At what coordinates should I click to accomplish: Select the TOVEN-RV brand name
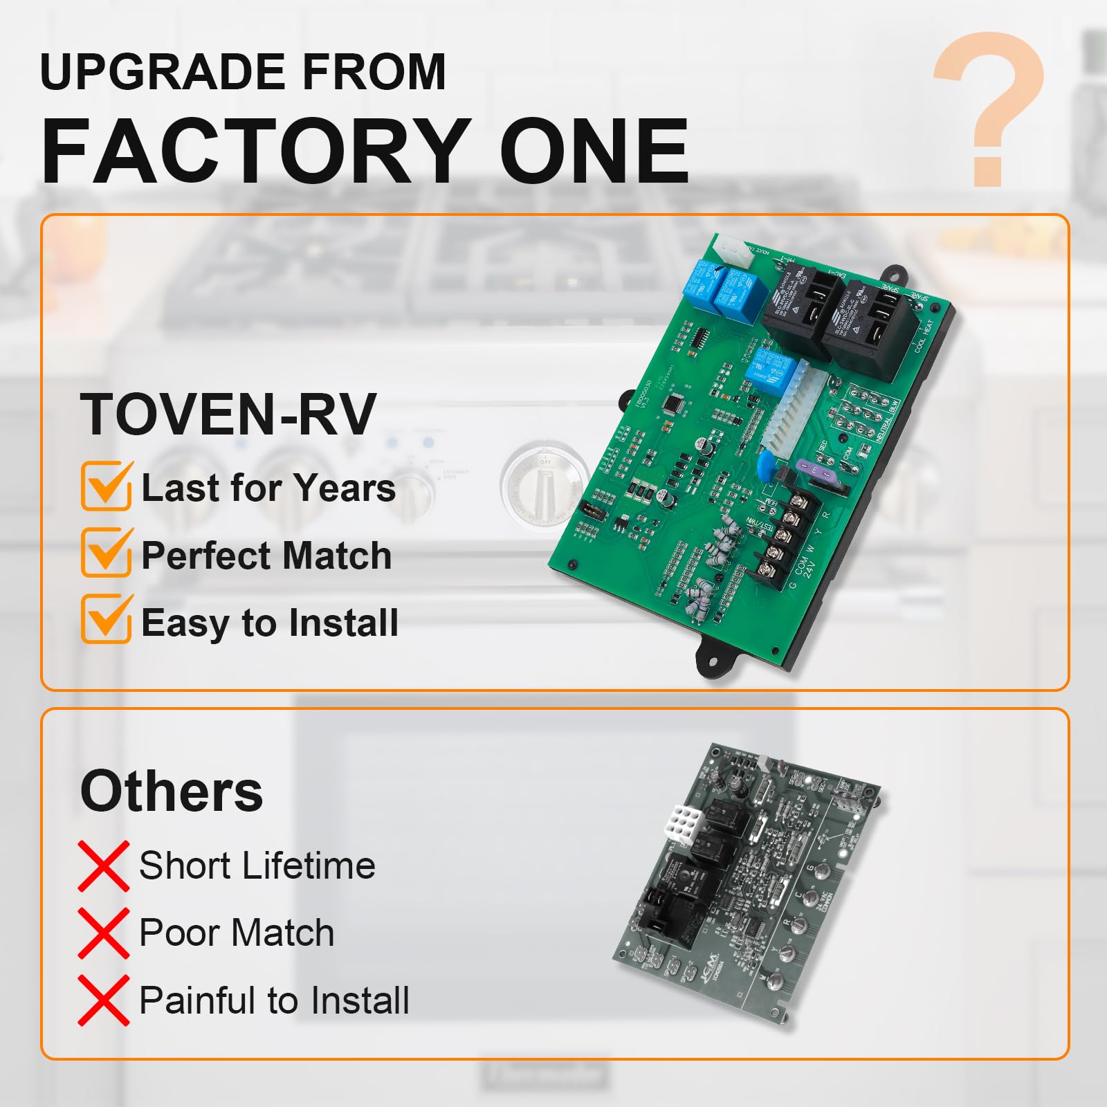[x=228, y=414]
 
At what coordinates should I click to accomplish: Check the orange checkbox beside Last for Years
[x=107, y=486]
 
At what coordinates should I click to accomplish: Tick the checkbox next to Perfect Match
[x=107, y=553]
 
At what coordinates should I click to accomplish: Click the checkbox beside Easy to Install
[x=107, y=619]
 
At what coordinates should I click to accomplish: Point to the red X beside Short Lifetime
[x=103, y=866]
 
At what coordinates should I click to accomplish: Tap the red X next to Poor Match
[x=103, y=933]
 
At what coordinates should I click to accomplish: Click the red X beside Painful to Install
[x=103, y=1000]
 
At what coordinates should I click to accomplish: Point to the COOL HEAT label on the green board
[x=924, y=336]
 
